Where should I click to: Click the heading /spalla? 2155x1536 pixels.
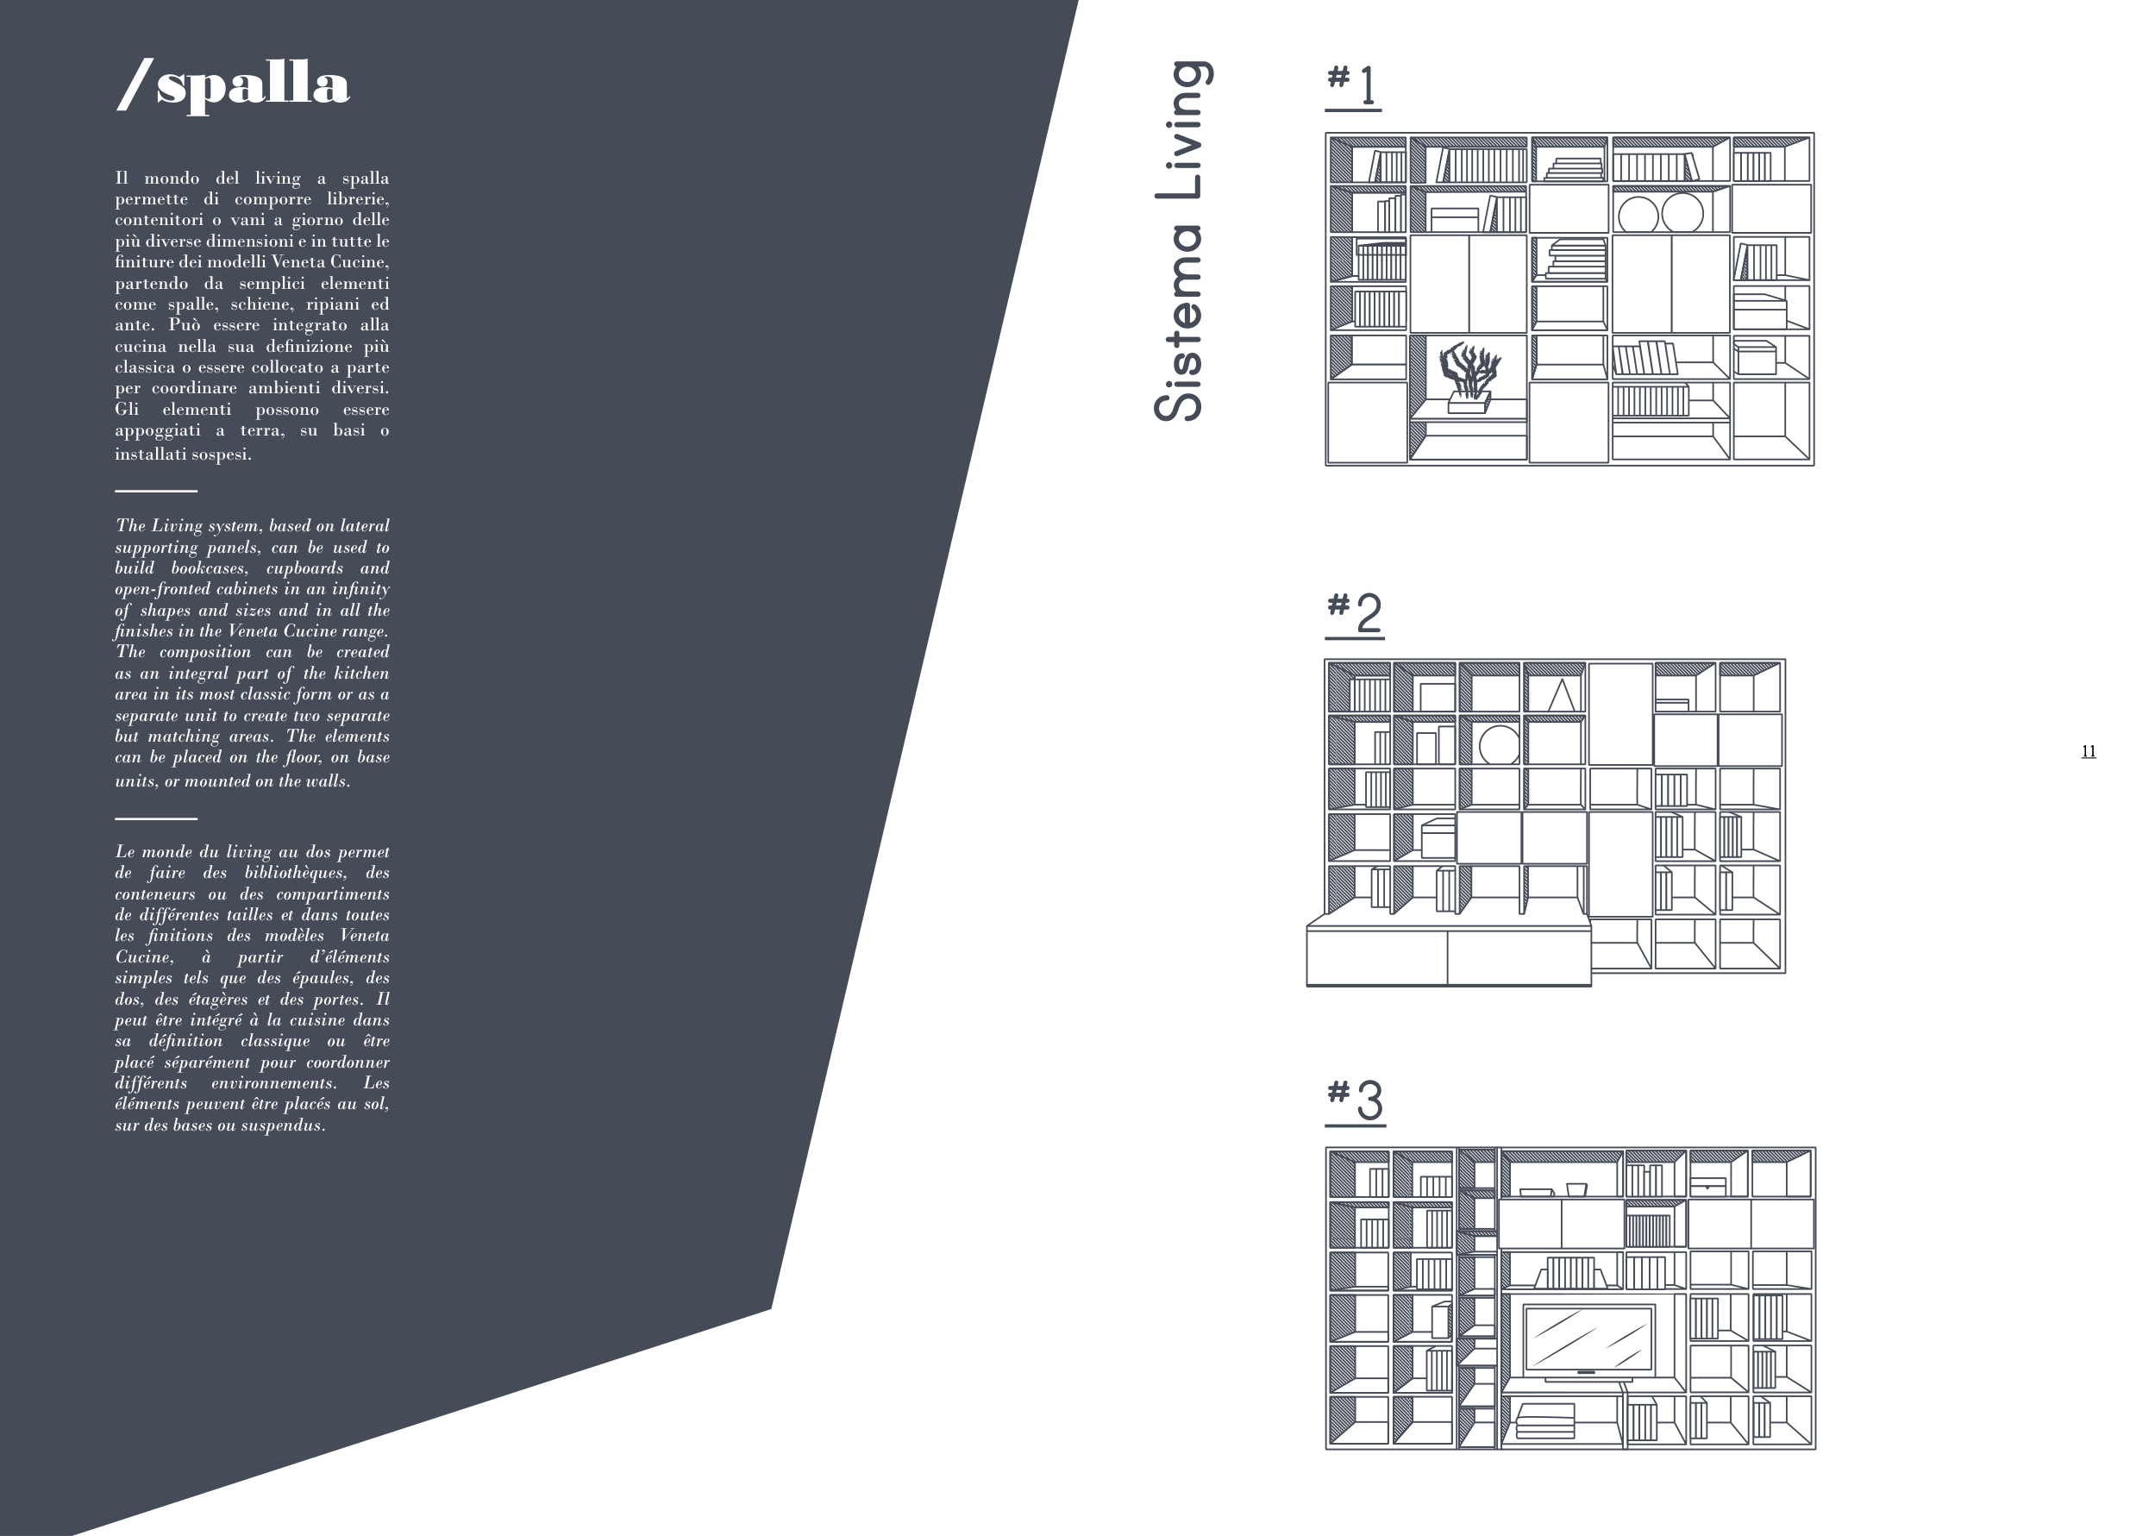[x=234, y=85]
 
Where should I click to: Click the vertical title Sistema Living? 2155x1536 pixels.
[x=1181, y=241]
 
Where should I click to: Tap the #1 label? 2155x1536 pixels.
[x=1353, y=85]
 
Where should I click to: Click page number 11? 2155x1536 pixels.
[x=2088, y=751]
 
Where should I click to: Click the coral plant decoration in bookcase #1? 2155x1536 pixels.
[x=1469, y=372]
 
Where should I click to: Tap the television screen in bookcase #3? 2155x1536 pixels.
[x=1588, y=1339]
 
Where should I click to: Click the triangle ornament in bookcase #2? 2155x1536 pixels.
[x=1561, y=695]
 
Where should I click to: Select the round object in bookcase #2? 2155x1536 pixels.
[x=1499, y=744]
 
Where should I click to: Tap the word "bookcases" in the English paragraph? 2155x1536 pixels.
[x=209, y=568]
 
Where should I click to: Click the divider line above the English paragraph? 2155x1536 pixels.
[x=156, y=491]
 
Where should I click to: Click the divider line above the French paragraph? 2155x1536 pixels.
[x=156, y=818]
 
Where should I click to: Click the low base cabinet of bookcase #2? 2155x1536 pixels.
[x=1448, y=956]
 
